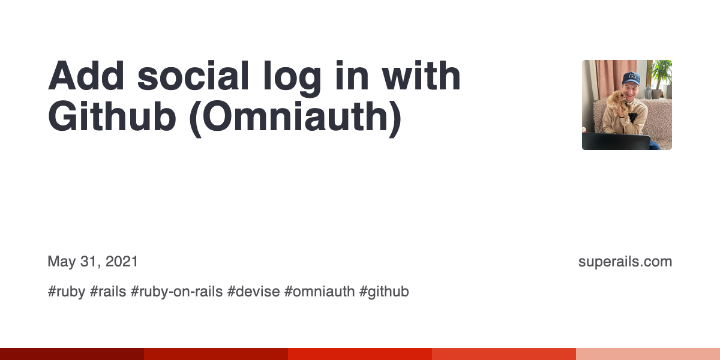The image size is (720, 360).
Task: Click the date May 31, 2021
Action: click(x=93, y=262)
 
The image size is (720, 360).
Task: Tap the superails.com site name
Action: click(x=625, y=262)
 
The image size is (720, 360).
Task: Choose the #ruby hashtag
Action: click(x=66, y=292)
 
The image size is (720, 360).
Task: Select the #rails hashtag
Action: click(x=108, y=292)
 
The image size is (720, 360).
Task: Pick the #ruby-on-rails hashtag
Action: click(x=176, y=292)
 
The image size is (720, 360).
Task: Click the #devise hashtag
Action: click(x=253, y=292)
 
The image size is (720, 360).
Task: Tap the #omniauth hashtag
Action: click(x=319, y=292)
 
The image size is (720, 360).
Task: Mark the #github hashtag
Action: click(x=384, y=292)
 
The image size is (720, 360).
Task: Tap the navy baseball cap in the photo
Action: click(x=631, y=78)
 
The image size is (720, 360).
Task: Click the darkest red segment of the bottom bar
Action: click(x=72, y=354)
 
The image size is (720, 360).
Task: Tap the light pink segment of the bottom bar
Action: click(x=648, y=354)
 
